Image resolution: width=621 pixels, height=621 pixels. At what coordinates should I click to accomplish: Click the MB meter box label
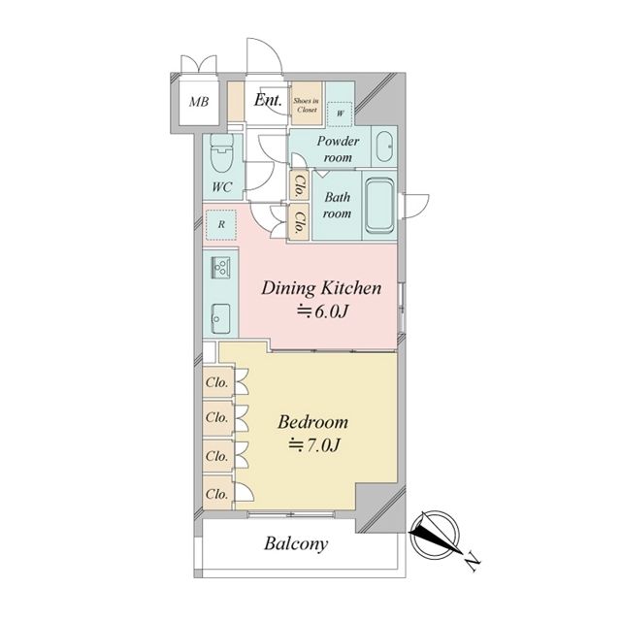click(x=199, y=102)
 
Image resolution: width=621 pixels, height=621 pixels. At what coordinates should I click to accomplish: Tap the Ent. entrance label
click(x=268, y=100)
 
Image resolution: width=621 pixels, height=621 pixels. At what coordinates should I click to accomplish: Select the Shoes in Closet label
click(x=307, y=105)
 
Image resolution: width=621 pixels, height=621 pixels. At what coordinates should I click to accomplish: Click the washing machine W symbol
click(x=341, y=114)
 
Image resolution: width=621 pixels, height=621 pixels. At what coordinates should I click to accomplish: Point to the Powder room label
click(x=338, y=148)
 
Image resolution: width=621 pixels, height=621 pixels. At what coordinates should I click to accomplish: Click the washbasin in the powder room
click(x=384, y=147)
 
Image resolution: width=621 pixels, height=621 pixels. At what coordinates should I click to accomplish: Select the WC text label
click(x=222, y=187)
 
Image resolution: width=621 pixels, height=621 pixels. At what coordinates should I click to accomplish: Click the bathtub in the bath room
click(x=379, y=206)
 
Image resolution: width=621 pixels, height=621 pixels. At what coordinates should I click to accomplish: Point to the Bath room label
click(x=337, y=205)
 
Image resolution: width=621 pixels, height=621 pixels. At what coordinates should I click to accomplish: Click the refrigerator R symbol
click(x=221, y=224)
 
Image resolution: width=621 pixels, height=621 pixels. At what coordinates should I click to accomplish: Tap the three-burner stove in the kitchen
click(x=221, y=266)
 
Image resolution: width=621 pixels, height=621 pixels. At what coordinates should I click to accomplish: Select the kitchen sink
click(x=220, y=314)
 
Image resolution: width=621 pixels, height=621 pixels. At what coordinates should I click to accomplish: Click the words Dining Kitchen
click(x=321, y=288)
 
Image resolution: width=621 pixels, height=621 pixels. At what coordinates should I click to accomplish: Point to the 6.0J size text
click(x=322, y=312)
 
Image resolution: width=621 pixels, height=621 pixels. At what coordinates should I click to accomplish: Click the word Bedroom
click(x=312, y=422)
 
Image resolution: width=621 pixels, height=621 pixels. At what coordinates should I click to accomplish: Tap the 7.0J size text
click(x=314, y=445)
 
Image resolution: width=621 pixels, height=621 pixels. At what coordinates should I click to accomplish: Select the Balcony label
click(x=296, y=543)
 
